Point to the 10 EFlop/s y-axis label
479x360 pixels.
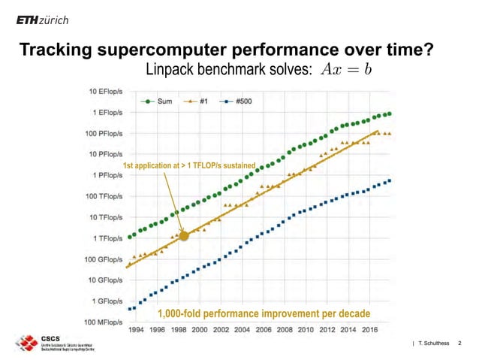[x=103, y=92]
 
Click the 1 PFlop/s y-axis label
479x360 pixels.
[x=104, y=175]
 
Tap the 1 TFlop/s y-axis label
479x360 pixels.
[x=104, y=238]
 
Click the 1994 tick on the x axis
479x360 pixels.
[x=137, y=329]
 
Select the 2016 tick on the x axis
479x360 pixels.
[x=369, y=329]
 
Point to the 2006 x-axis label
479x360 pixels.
[x=264, y=329]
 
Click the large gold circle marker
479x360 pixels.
[x=185, y=235]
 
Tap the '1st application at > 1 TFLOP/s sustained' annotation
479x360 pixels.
[x=188, y=165]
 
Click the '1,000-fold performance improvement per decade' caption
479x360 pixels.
[x=263, y=313]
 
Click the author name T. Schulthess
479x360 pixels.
[x=434, y=343]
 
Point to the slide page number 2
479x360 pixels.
[x=459, y=343]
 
